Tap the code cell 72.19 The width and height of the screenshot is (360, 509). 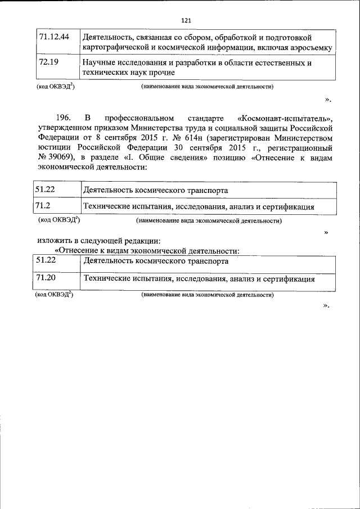pos(49,62)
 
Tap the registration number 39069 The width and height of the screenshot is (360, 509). pos(64,159)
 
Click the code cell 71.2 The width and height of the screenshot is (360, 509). pos(43,206)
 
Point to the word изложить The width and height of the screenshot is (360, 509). pos(55,241)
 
